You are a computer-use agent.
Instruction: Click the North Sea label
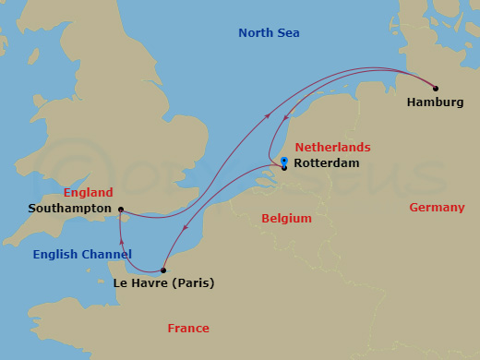click(x=269, y=33)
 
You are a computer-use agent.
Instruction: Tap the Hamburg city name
click(x=435, y=102)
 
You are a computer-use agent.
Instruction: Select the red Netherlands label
click(x=332, y=148)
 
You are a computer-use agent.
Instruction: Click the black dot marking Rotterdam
click(x=284, y=168)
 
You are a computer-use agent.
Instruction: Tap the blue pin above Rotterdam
click(x=284, y=161)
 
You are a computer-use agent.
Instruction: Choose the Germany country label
click(x=437, y=208)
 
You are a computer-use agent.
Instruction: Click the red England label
click(x=88, y=193)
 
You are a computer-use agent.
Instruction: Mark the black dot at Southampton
click(x=122, y=210)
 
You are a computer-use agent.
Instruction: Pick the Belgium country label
click(x=286, y=219)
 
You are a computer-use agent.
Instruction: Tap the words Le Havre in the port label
click(x=141, y=283)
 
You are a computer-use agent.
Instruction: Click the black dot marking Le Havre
click(x=163, y=270)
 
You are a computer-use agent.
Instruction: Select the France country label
click(x=188, y=328)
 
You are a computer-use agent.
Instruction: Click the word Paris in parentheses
click(x=194, y=283)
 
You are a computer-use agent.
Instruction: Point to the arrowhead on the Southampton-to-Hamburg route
click(x=268, y=115)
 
